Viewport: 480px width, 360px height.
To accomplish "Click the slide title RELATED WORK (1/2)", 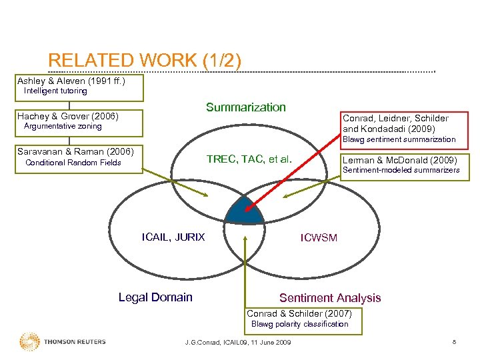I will pyautogui.click(x=145, y=61).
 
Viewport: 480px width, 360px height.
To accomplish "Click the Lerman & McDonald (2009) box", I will pyautogui.click(x=399, y=160).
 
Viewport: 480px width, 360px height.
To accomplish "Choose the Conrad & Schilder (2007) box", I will pyautogui.click(x=303, y=314).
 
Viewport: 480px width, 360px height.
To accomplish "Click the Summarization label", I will pyautogui.click(x=245, y=107).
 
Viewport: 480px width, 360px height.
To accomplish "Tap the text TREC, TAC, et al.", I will pyautogui.click(x=249, y=159).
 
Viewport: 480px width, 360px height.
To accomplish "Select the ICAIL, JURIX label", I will pyautogui.click(x=173, y=237).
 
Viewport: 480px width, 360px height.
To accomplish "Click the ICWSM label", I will pyautogui.click(x=319, y=238).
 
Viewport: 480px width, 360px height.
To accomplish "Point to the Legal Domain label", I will pyautogui.click(x=155, y=297).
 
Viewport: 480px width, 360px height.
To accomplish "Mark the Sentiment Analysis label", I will pyautogui.click(x=330, y=298).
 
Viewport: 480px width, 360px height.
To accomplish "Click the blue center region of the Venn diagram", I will pyautogui.click(x=243, y=211).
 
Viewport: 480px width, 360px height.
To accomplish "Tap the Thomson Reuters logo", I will pyautogui.click(x=63, y=342).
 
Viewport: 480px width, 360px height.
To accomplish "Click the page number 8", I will pyautogui.click(x=454, y=343).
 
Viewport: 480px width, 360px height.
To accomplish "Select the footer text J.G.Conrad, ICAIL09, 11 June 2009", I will pyautogui.click(x=237, y=343).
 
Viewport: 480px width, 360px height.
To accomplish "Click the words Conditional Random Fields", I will pyautogui.click(x=73, y=163).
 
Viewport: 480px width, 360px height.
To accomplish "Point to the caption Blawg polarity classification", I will pyautogui.click(x=299, y=324).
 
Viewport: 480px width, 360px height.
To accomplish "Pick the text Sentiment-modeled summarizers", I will pyautogui.click(x=401, y=171).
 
